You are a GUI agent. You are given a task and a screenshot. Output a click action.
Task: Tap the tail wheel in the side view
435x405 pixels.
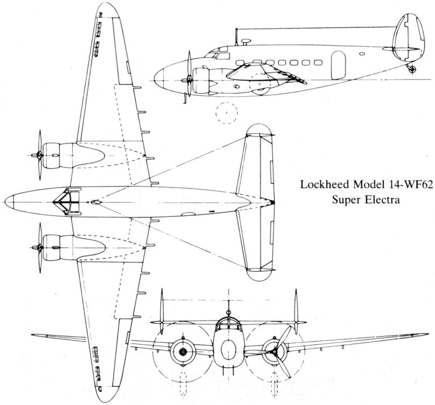(413, 69)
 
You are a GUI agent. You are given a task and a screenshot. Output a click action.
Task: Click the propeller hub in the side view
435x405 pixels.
(187, 80)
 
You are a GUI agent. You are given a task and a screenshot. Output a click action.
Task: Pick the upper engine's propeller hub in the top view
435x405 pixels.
(36, 155)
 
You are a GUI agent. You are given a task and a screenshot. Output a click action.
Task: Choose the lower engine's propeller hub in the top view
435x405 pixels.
(36, 248)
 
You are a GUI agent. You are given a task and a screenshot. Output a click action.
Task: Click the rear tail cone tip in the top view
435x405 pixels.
(273, 203)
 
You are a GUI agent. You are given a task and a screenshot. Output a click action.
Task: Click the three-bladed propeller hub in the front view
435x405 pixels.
(275, 352)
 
